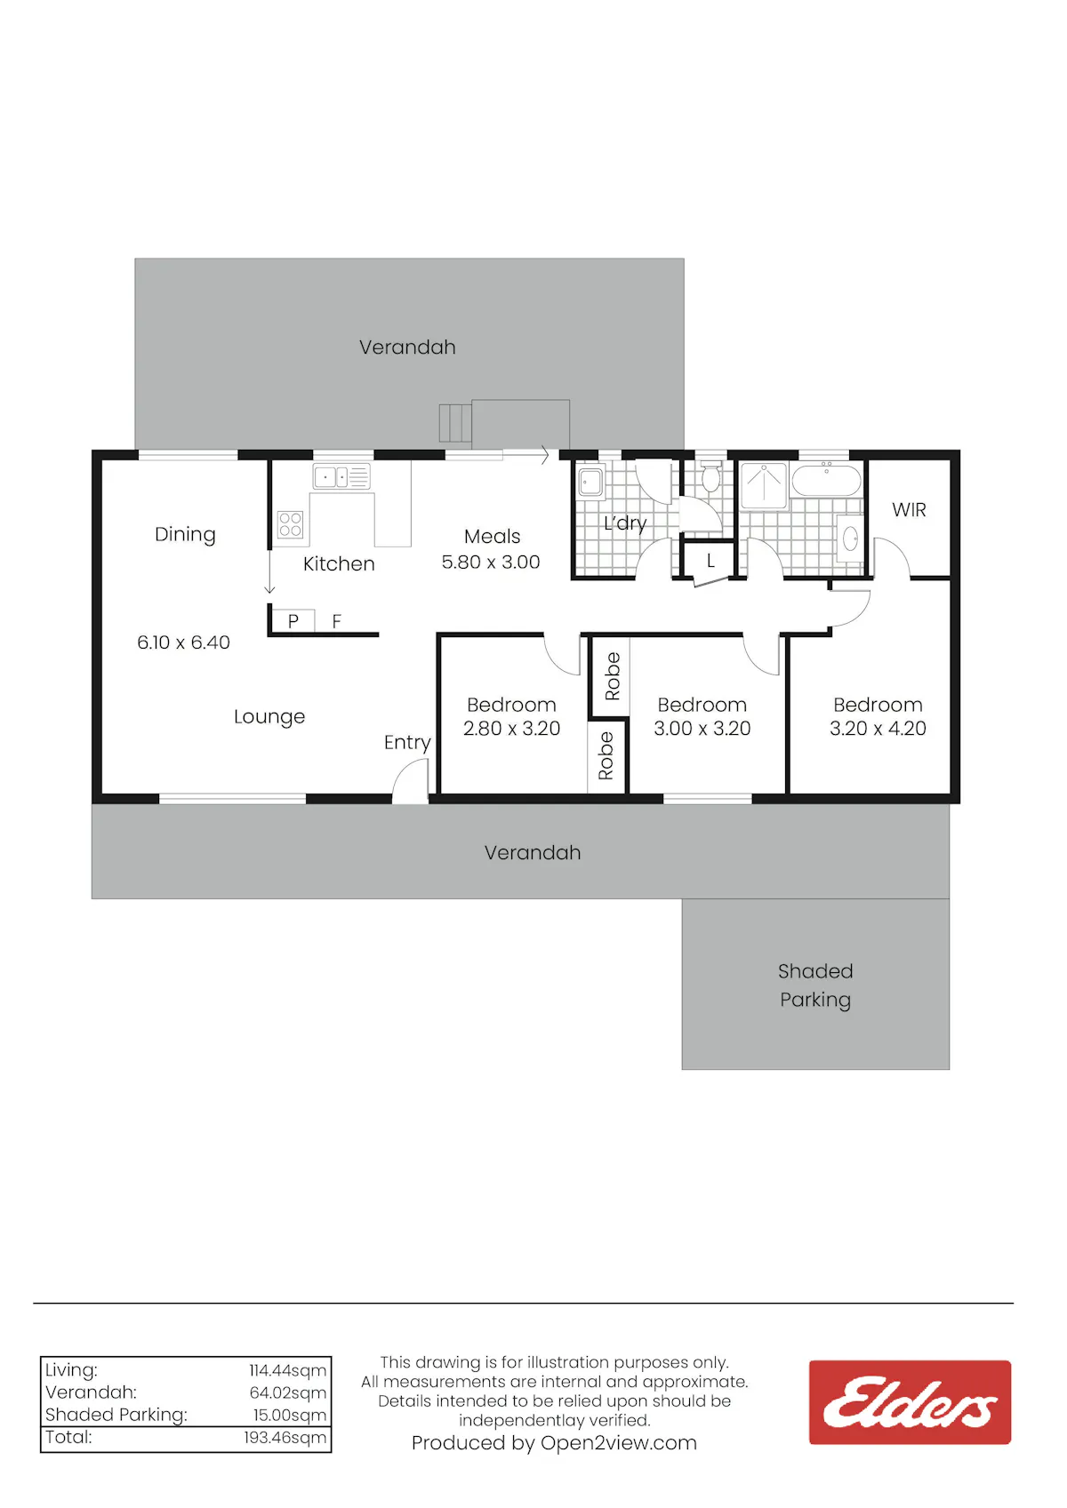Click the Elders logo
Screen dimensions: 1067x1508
click(910, 1402)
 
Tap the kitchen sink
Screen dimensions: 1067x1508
click(341, 477)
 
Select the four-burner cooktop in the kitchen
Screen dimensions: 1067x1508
click(291, 524)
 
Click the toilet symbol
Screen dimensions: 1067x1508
click(710, 476)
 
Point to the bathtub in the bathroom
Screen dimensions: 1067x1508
click(826, 479)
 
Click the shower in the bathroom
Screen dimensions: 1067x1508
click(764, 484)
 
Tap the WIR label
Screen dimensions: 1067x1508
click(909, 509)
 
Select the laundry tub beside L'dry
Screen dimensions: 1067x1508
click(590, 481)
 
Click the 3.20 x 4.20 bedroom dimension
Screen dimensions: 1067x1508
click(878, 728)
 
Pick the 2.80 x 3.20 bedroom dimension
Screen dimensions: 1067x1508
click(511, 728)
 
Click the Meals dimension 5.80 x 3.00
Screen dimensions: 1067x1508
click(491, 562)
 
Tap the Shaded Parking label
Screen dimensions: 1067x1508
click(815, 985)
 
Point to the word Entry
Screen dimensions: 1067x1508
click(407, 743)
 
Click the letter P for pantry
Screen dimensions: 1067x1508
click(293, 620)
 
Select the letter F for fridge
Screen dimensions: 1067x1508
click(337, 620)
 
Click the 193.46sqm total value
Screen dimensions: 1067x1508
click(285, 1437)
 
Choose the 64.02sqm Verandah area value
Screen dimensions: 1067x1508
click(287, 1392)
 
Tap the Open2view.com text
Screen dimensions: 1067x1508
click(618, 1443)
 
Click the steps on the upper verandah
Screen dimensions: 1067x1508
click(454, 423)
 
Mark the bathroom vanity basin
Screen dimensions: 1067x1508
click(849, 538)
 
